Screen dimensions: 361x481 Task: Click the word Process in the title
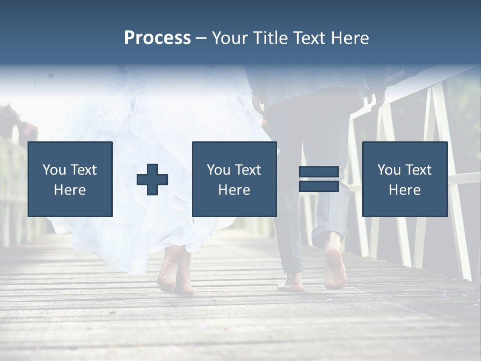157,38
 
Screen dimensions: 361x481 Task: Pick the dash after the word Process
201,39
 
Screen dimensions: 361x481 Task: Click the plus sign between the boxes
152,179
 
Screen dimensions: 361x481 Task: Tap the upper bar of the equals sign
319,172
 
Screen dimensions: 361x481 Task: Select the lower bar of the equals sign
319,186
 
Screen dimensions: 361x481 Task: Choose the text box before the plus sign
70,179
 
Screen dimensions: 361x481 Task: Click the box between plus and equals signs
234,179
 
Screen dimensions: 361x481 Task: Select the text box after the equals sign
405,179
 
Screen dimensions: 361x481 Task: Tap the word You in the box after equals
389,170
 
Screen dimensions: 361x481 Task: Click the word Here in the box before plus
70,190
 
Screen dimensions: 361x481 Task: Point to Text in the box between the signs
249,170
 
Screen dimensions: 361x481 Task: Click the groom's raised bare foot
335,266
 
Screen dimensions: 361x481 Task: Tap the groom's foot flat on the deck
293,284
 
